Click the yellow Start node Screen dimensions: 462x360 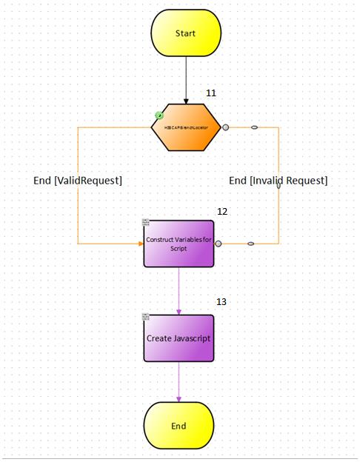186,33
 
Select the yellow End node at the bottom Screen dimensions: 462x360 179,426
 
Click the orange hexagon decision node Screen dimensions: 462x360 186,127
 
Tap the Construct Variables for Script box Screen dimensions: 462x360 179,244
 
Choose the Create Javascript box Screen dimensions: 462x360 179,338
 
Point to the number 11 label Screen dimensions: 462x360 211,93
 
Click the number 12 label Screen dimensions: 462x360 221,212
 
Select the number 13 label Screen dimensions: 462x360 221,302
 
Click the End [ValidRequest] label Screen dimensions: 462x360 78,181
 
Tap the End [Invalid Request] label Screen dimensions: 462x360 278,181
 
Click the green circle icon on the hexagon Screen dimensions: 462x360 159,115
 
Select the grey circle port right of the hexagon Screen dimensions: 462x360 226,127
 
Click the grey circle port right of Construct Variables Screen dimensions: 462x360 219,244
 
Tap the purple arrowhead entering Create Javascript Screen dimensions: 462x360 179,310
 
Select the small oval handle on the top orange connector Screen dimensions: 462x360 254,127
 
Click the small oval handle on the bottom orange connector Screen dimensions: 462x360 250,244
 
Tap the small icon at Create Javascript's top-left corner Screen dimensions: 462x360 146,318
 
